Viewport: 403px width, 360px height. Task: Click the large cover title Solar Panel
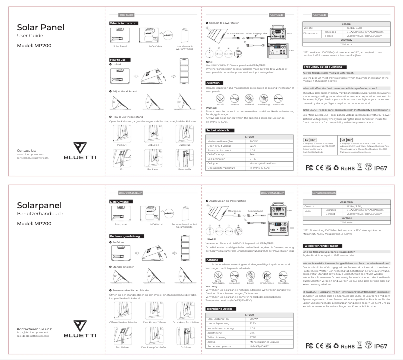coord(41,27)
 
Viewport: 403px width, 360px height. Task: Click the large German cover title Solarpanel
coord(40,205)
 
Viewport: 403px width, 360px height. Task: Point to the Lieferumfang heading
coord(120,202)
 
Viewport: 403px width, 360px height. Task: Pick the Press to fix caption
coord(185,169)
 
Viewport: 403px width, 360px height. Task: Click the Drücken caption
coord(185,347)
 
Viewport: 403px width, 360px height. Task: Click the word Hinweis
coord(211,239)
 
